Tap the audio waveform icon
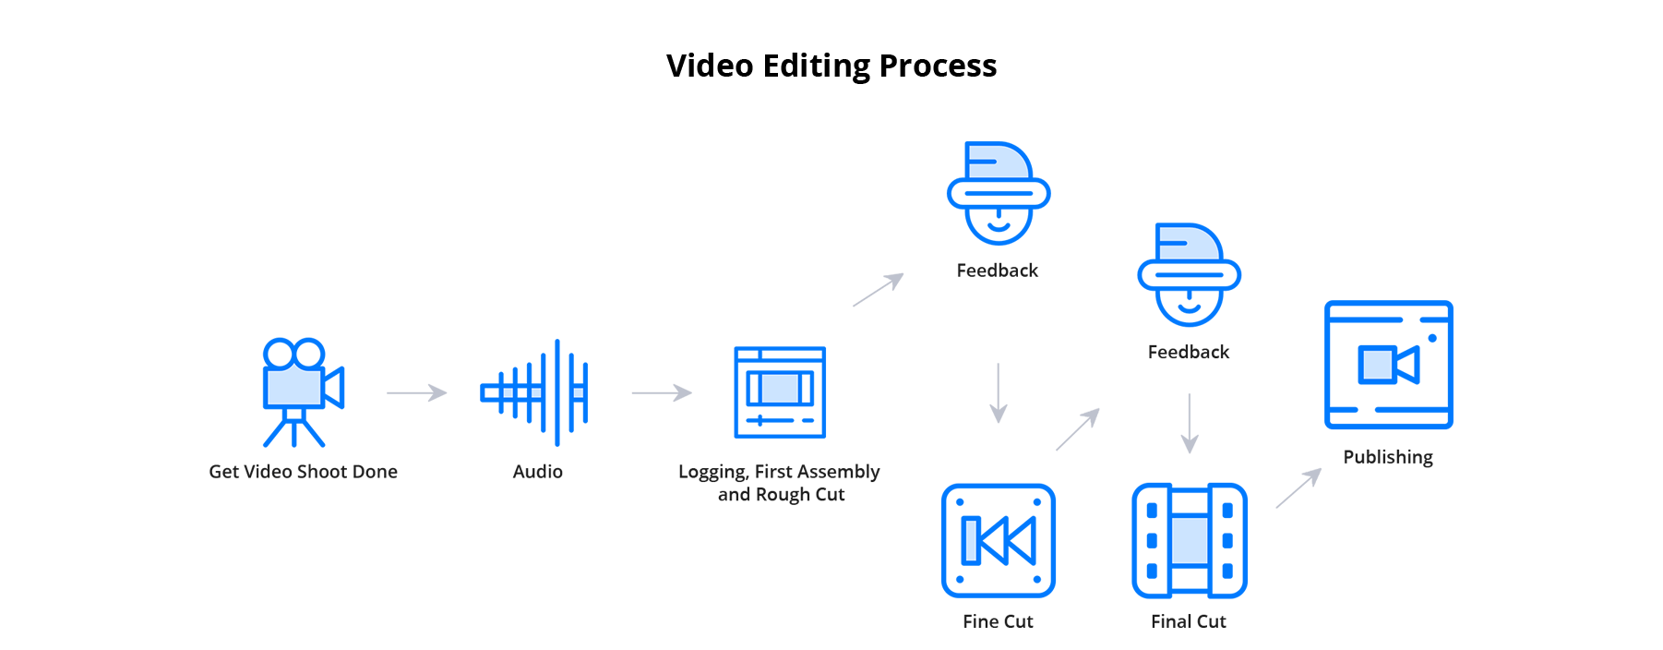pos(536,392)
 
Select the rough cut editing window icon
pos(780,392)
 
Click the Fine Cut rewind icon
pos(998,540)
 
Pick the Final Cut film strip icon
pos(1189,540)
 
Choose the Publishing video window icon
pos(1388,365)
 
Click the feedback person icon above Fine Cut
pos(998,194)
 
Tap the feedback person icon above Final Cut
pos(1189,275)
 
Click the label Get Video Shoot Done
pos(303,472)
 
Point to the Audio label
pos(537,472)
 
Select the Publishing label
pos(1387,457)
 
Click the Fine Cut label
pos(998,621)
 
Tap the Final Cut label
pos(1188,621)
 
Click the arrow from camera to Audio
pos(416,392)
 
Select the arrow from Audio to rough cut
pos(661,392)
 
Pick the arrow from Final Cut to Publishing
pos(1298,487)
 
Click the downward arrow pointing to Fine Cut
pos(998,393)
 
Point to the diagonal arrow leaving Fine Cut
pos(1078,429)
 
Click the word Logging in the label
pos(712,472)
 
